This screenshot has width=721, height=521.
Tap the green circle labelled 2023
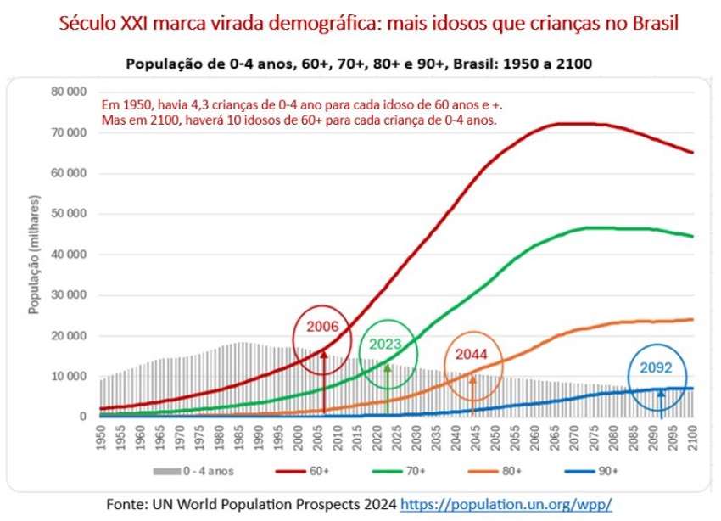coord(388,345)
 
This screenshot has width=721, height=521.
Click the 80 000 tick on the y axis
coord(70,92)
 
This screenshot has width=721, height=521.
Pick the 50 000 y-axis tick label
coord(70,214)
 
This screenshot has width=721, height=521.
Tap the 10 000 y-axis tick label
coord(70,376)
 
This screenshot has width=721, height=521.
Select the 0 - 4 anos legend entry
coord(196,468)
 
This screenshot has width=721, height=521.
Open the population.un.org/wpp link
coord(506,503)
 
